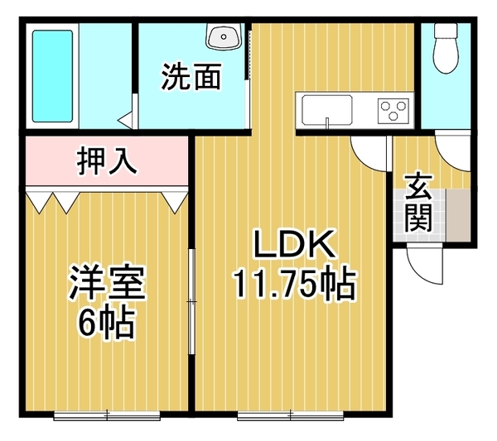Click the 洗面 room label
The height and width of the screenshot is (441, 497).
[191, 77]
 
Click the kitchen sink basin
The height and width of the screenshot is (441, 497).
[326, 109]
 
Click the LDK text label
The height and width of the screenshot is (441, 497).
[293, 245]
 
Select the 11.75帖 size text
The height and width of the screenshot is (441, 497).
[293, 285]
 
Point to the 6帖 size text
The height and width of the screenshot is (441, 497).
[107, 325]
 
